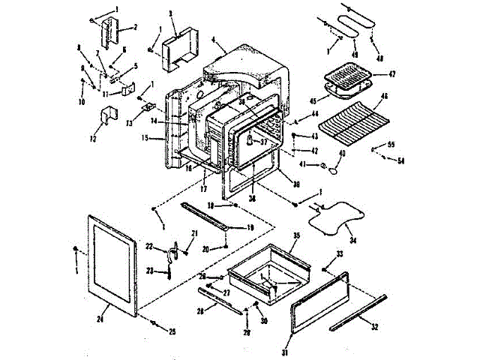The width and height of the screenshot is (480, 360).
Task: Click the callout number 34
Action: click(x=354, y=241)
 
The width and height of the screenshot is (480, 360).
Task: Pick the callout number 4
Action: click(x=214, y=39)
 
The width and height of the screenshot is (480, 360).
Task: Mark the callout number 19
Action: click(x=249, y=227)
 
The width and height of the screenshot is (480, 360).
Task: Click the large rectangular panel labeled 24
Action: click(x=112, y=262)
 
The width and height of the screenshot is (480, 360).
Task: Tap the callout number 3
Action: click(x=172, y=14)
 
